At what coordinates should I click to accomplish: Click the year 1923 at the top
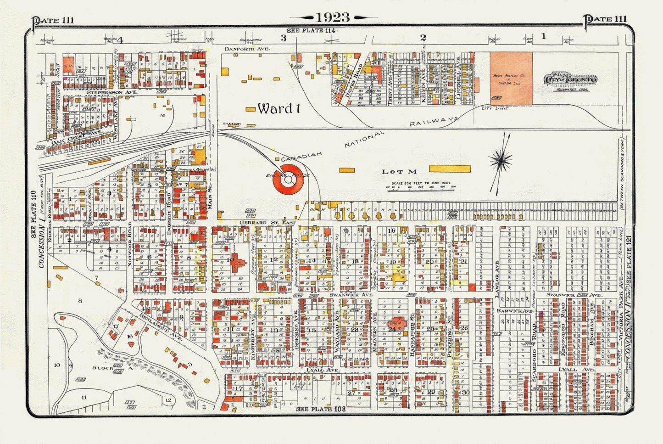coord(333,17)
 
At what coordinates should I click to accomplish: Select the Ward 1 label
coord(279,109)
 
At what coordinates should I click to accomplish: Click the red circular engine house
coord(288,180)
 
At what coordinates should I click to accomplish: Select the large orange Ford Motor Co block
coord(511,78)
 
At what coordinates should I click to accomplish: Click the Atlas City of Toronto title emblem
coord(570,79)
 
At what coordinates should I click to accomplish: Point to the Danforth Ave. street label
coord(247,48)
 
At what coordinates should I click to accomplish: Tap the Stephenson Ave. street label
coord(106,92)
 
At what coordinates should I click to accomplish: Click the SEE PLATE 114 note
coord(311,30)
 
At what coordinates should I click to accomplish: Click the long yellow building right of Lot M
coord(450,169)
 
